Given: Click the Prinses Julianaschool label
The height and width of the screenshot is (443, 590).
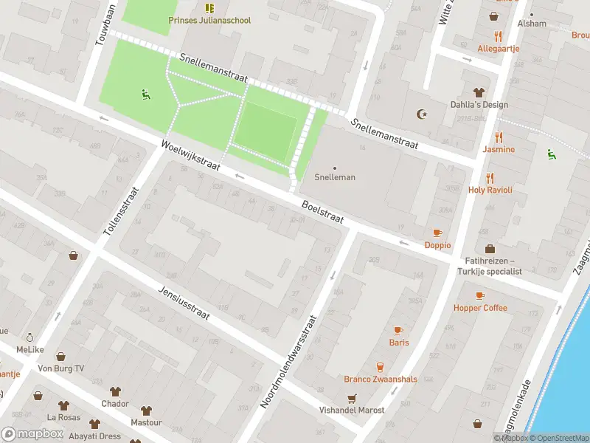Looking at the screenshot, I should (x=209, y=20).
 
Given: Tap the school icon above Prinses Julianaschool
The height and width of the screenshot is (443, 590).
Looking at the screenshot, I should (x=209, y=8).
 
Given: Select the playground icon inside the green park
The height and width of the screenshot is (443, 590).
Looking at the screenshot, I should (x=145, y=94).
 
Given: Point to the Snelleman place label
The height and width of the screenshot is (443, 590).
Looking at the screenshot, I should (x=335, y=177).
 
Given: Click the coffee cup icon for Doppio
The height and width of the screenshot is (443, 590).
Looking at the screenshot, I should (x=437, y=233).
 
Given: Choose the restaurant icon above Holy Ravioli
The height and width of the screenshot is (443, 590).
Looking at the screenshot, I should (x=490, y=178).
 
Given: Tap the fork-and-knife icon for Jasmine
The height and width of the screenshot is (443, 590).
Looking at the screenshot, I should (x=499, y=137).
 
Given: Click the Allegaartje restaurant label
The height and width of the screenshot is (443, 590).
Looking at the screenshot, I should (x=499, y=48).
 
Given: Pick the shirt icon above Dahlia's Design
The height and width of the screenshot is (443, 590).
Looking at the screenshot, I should (x=479, y=92).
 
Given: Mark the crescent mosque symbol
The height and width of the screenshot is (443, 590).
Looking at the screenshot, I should (x=422, y=114).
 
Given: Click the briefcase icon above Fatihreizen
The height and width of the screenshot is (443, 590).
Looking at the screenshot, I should (x=490, y=249).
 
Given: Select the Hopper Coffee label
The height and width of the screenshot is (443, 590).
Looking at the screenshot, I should (x=480, y=308).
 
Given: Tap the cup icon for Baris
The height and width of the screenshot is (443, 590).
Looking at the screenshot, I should (x=399, y=330).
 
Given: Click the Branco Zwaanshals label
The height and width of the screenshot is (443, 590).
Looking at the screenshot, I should (x=381, y=379).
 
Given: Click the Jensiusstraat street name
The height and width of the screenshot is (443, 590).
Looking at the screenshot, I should (x=184, y=303).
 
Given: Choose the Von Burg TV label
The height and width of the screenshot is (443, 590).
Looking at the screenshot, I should (x=60, y=368).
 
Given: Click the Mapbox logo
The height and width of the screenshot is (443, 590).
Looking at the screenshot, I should (x=32, y=433).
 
